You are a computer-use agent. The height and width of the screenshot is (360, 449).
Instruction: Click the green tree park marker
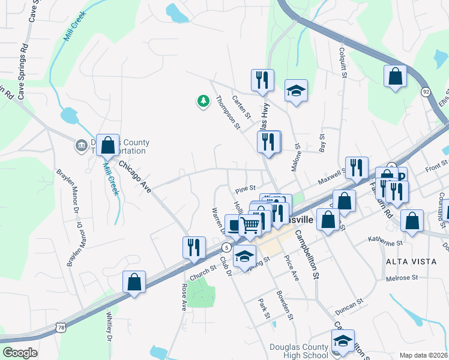(x=203, y=101)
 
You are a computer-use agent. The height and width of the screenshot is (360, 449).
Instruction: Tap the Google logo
(x=20, y=353)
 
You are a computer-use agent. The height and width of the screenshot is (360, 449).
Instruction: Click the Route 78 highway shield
(x=60, y=327)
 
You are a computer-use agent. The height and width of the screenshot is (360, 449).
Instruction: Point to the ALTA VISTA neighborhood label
(x=405, y=262)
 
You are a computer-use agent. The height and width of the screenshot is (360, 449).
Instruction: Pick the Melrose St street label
(x=402, y=278)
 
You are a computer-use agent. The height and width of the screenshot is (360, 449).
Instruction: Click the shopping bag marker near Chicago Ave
(x=107, y=145)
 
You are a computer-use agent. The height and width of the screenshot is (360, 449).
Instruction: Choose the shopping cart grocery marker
(x=250, y=224)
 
